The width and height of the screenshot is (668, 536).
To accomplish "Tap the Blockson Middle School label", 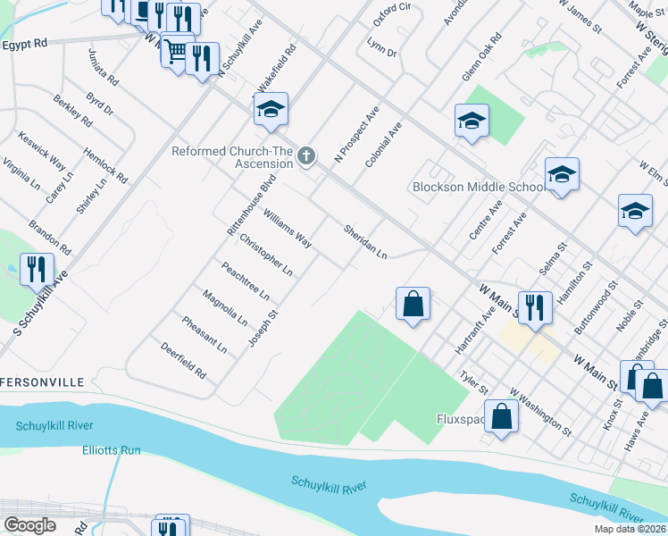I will click(x=478, y=187).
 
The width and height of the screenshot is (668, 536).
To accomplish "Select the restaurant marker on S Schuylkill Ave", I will click(x=37, y=269).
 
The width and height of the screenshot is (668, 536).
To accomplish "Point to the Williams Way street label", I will click(x=287, y=228).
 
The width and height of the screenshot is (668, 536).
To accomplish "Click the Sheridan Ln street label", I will click(x=365, y=242).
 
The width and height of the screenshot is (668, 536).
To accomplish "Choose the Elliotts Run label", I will click(x=112, y=450).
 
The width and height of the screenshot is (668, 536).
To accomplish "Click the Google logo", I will click(x=29, y=525).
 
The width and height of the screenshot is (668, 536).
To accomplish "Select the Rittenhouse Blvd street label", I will click(x=252, y=205).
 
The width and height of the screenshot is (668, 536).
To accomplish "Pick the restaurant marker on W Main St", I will click(x=534, y=309).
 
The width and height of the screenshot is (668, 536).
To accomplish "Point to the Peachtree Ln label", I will click(x=245, y=279).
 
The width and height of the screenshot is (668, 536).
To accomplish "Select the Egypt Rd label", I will click(x=24, y=44).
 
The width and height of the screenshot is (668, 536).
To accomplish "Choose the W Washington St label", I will click(x=541, y=412).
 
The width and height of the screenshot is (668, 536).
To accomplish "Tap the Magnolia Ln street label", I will click(x=224, y=306).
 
